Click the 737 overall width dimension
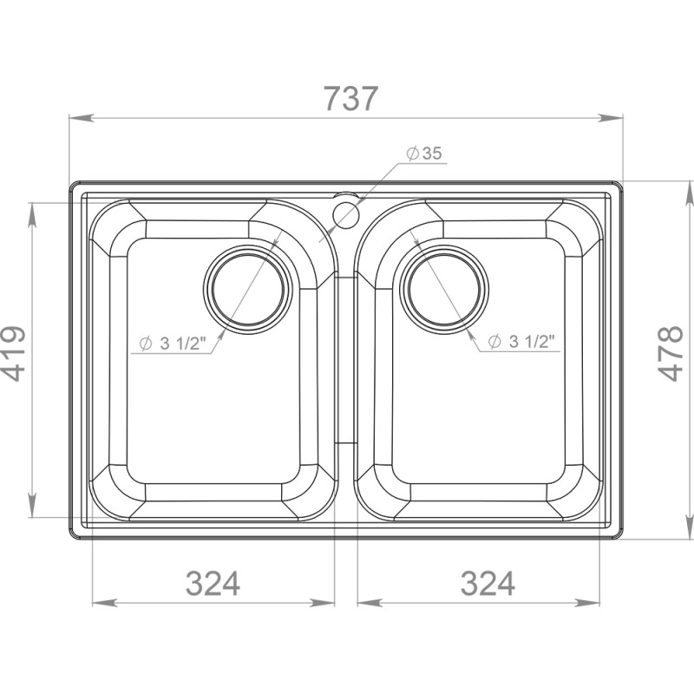[350, 99]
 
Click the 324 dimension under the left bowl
[213, 583]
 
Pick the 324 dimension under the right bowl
[488, 583]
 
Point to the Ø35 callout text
[425, 154]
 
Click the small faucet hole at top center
[346, 214]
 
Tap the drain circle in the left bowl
[248, 288]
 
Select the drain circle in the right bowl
[444, 288]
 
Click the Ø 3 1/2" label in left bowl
[173, 343]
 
